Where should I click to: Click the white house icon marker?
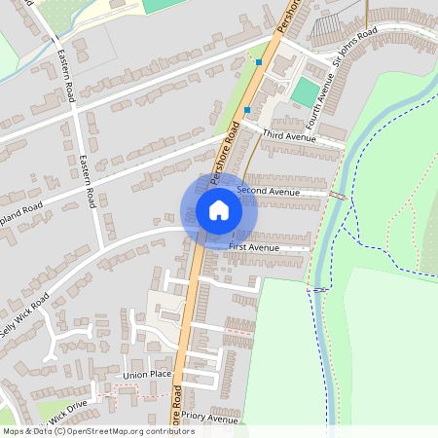click(x=219, y=210)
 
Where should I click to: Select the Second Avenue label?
click(x=268, y=192)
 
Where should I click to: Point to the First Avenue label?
click(x=253, y=248)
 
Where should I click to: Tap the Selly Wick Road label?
click(x=24, y=315)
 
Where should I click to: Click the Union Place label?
click(x=147, y=375)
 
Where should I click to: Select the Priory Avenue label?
click(x=210, y=420)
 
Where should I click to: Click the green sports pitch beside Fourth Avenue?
click(x=306, y=93)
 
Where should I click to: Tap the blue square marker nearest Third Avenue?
click(x=248, y=110)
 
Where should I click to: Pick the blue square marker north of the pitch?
click(x=259, y=62)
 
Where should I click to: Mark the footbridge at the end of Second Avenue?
click(x=337, y=196)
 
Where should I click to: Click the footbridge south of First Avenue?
click(x=319, y=288)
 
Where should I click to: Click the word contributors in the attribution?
click(x=165, y=431)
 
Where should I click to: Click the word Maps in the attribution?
click(x=14, y=431)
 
